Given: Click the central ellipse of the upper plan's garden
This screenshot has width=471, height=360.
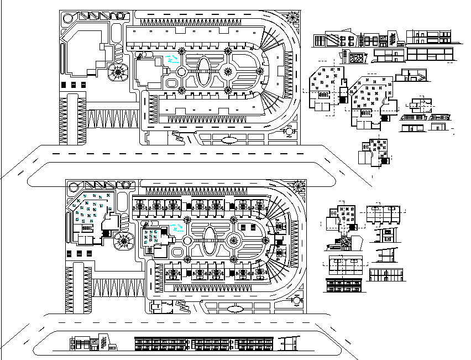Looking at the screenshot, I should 204,71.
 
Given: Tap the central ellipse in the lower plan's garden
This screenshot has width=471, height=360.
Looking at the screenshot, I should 211,241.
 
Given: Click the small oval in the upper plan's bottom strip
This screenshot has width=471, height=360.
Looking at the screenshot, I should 228,140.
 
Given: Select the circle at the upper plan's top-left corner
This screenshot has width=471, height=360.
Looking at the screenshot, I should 67,18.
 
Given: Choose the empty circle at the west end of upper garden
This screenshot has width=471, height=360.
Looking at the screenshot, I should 181,71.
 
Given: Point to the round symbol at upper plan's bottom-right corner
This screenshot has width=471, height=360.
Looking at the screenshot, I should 289,132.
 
